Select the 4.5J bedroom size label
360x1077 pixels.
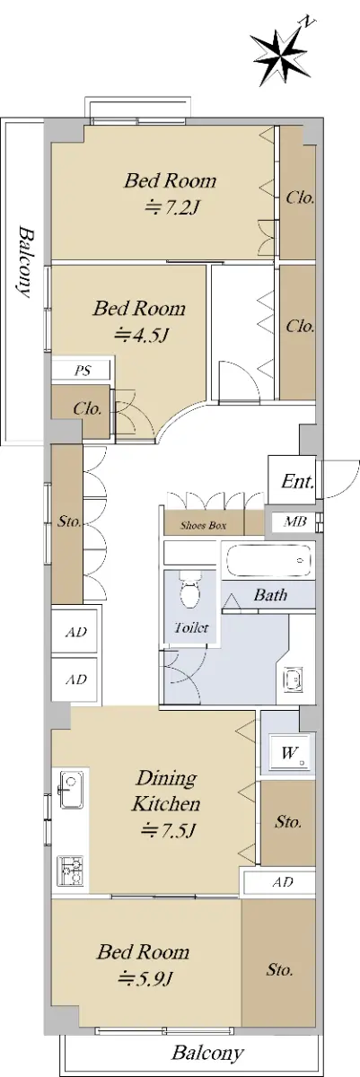point(140,335)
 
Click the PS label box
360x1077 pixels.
point(83,371)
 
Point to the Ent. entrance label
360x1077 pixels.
point(297,481)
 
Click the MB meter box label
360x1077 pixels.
point(295,521)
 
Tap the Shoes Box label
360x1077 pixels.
point(203,526)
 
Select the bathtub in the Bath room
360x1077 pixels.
point(268,560)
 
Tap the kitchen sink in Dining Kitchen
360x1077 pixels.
point(70,790)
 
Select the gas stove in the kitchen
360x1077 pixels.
point(70,871)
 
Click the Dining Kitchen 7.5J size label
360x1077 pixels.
point(167,830)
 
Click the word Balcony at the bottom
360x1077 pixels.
point(207,1053)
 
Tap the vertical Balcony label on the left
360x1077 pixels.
point(25,261)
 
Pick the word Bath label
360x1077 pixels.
point(270,595)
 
